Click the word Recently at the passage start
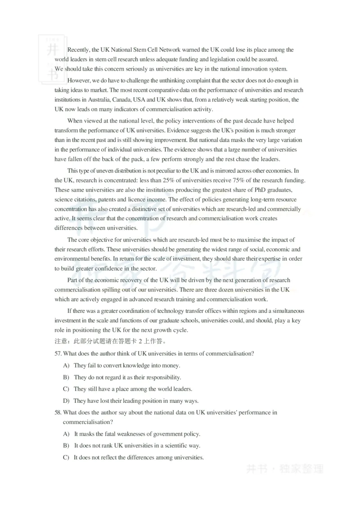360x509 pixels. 79,50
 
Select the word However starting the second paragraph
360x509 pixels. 79,80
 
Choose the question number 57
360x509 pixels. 58,354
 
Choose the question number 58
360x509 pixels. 58,412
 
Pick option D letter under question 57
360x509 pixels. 66,401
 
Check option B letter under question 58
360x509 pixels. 66,446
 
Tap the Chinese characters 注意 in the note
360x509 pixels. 61,341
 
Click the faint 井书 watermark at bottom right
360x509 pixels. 257,469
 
